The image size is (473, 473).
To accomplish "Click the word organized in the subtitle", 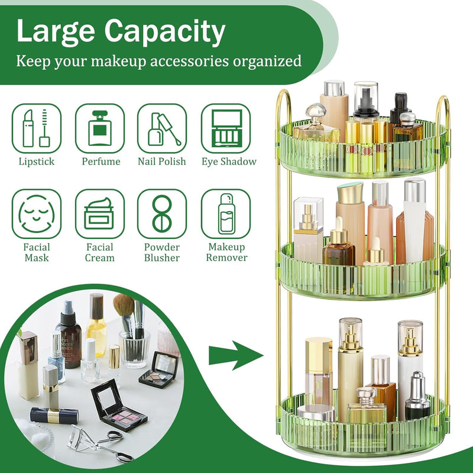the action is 267,61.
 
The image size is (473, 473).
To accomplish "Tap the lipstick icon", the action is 37,128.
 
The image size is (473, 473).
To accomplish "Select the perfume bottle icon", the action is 100,128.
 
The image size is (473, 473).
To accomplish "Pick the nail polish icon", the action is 162,128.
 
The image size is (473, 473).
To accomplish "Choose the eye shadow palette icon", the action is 226,128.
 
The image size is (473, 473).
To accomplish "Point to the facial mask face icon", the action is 37,214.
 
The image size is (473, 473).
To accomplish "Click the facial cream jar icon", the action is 100,214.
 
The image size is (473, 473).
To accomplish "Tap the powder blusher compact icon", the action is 162,214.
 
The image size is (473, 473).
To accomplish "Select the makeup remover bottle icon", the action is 226,214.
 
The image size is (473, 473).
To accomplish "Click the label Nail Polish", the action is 161,161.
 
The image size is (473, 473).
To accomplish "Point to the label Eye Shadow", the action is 229,161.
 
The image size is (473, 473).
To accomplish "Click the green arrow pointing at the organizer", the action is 236,355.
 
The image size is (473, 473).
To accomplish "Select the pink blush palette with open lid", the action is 119,405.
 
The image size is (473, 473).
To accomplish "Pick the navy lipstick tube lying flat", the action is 54,416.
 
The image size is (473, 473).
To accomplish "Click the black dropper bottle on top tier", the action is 400,108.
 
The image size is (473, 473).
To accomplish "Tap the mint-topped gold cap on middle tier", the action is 350,193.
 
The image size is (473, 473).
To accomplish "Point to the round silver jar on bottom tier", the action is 316,413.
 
